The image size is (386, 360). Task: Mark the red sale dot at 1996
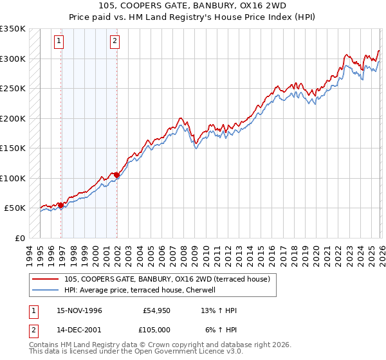(61, 205)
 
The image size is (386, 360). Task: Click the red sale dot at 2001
(117, 175)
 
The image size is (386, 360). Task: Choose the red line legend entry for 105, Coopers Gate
(170, 279)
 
